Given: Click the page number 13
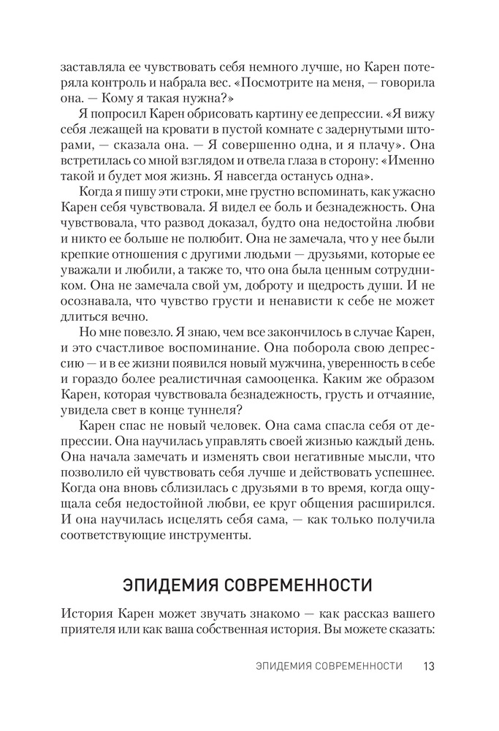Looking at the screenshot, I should (429, 666).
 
